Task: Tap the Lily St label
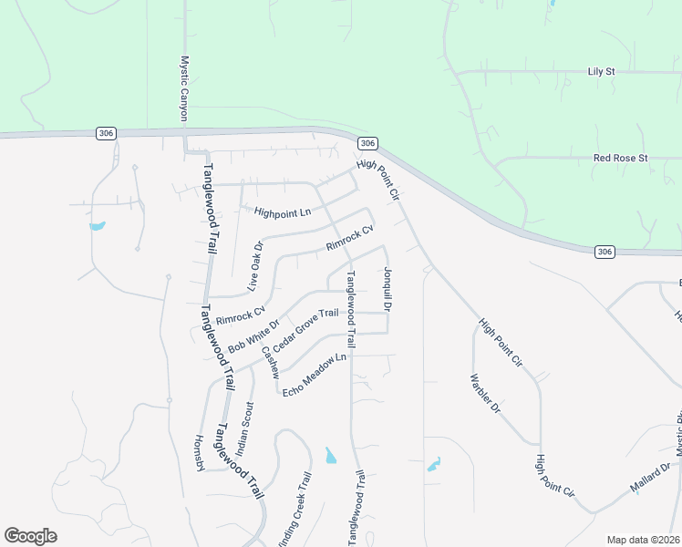[603, 70]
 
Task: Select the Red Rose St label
[620, 158]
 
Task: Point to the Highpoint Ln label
[283, 213]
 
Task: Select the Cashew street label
[270, 362]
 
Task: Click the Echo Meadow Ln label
[315, 375]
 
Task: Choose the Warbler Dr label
[485, 394]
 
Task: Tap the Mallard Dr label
[650, 479]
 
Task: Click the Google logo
[30, 536]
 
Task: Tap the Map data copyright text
[644, 540]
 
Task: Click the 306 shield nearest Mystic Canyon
[106, 133]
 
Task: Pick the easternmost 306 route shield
[605, 251]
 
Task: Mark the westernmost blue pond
[98, 225]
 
